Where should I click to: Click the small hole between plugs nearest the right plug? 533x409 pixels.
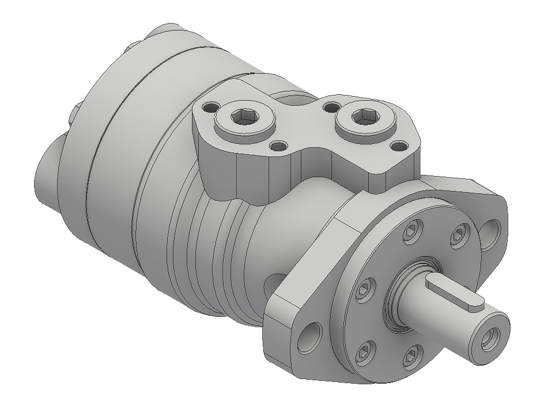[x=330, y=107]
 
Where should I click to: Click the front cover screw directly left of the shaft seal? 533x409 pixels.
[x=365, y=288]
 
